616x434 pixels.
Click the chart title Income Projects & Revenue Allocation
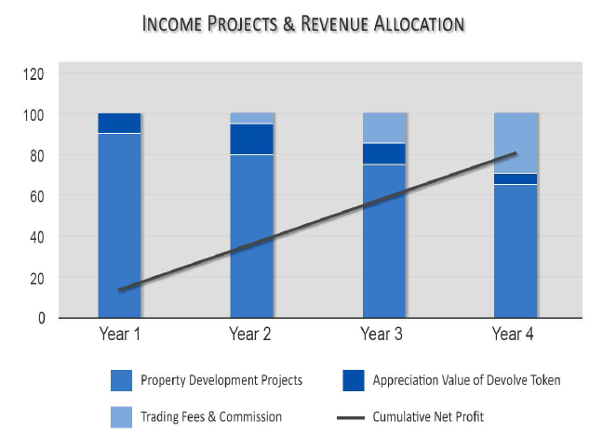[303, 23]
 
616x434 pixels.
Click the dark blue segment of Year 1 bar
[119, 123]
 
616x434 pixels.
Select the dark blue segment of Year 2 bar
[251, 138]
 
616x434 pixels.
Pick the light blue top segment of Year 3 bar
[383, 127]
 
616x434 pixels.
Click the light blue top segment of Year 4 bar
[516, 142]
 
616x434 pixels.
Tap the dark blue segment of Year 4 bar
[516, 178]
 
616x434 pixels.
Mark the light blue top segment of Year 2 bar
[251, 118]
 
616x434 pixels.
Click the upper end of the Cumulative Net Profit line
[515, 154]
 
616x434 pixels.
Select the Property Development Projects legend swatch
[122, 380]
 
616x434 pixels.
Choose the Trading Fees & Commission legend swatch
[122, 415]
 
